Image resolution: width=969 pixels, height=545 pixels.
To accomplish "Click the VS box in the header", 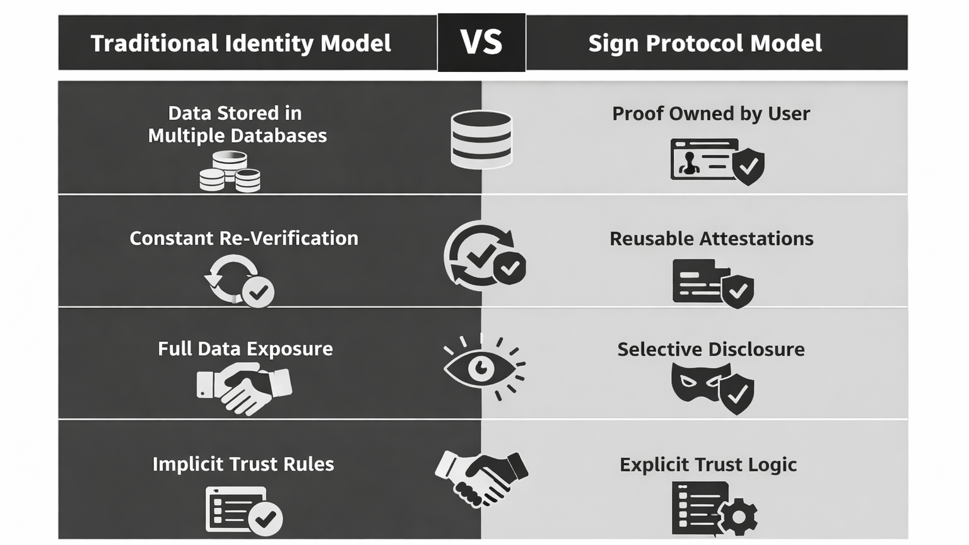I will (481, 42).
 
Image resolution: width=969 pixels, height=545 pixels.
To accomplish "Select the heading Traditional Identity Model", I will (240, 44).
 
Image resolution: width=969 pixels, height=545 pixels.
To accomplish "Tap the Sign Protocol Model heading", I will (705, 44).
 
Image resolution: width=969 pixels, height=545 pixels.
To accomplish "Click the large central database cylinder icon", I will (481, 139).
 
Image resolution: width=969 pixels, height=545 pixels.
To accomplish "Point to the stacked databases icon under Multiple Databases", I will (230, 171).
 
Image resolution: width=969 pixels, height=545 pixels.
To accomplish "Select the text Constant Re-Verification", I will (244, 238).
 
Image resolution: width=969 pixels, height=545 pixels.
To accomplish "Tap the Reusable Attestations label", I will (711, 239).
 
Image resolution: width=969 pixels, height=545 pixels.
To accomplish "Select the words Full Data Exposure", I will (245, 349).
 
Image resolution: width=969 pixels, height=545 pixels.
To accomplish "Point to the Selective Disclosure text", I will (710, 349).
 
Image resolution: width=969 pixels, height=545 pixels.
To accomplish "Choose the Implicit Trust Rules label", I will (243, 464).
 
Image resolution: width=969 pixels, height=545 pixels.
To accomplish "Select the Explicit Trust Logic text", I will (708, 465).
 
